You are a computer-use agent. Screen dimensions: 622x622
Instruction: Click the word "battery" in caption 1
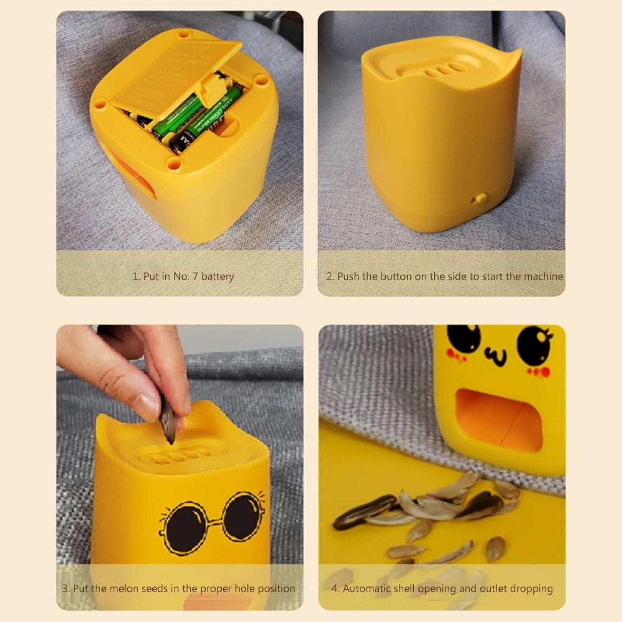(217, 277)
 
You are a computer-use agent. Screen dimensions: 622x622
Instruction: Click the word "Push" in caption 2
(349, 277)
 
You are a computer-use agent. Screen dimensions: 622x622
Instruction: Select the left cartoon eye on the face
(464, 339)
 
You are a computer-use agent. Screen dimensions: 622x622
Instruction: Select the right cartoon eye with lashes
(533, 345)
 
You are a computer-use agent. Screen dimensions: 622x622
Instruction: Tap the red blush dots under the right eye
(538, 372)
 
